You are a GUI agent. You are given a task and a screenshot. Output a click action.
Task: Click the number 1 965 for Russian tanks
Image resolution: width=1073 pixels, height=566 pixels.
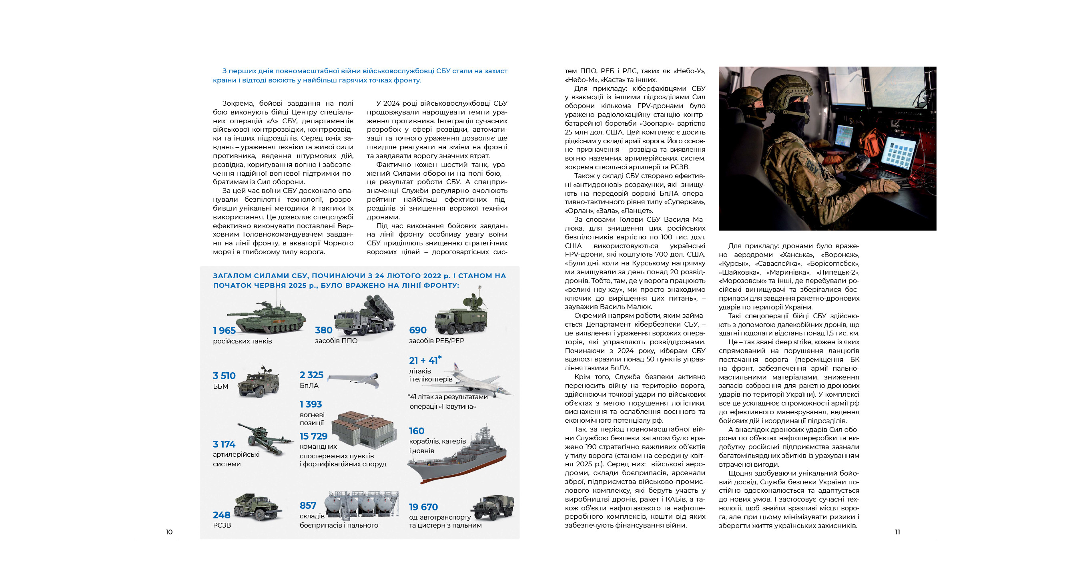tap(224, 330)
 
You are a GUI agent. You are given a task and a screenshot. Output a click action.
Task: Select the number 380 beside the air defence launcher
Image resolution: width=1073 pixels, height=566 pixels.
tap(324, 330)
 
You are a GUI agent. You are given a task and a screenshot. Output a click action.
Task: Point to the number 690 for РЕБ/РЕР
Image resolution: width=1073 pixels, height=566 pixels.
tap(418, 330)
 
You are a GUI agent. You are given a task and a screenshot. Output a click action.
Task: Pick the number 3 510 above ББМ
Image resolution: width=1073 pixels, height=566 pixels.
tap(224, 376)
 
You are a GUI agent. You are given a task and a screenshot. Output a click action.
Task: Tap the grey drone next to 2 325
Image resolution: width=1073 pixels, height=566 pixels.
tap(353, 379)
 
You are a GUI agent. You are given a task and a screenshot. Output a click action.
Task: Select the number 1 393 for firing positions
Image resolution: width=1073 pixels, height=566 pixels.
tap(311, 404)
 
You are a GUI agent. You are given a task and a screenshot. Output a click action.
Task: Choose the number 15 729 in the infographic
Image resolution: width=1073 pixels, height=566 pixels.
tap(314, 436)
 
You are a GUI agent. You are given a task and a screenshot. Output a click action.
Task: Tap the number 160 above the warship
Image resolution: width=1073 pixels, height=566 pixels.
tap(417, 431)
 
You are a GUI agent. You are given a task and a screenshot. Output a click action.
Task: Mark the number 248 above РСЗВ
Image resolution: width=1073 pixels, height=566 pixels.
tap(222, 515)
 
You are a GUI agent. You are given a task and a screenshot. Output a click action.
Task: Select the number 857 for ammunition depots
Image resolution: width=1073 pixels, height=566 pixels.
tap(308, 506)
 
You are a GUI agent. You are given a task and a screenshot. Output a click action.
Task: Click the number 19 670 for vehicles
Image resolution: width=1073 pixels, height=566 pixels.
tap(423, 507)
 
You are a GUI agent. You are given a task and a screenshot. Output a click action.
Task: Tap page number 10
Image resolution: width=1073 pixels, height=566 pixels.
tap(169, 532)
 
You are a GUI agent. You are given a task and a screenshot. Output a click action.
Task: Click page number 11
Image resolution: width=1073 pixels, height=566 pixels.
tap(897, 532)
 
